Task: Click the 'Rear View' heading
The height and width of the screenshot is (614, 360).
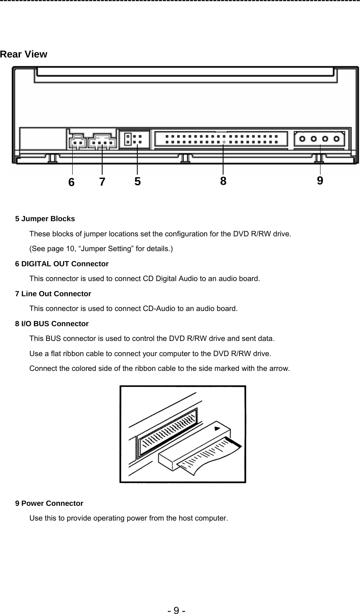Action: (24, 54)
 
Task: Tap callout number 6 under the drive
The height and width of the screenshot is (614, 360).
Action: (71, 182)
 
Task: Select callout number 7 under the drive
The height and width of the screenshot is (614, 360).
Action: (102, 182)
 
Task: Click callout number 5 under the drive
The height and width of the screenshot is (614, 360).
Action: (137, 182)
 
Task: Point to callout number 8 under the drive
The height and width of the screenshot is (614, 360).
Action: (223, 181)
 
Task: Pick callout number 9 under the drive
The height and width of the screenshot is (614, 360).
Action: (320, 181)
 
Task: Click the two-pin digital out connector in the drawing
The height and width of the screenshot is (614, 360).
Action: (77, 142)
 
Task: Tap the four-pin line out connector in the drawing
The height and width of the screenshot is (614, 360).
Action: (102, 142)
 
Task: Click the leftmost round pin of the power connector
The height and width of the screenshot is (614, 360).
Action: (303, 139)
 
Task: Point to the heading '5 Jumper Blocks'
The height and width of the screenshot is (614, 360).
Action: (45, 219)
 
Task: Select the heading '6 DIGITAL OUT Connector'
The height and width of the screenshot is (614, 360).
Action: (61, 264)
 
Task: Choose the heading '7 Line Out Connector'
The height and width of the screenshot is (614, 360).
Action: (53, 294)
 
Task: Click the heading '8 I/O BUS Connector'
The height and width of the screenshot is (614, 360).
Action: (51, 324)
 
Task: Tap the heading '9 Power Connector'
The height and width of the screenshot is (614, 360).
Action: (49, 503)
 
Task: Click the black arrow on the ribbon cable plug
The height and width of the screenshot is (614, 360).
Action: (217, 428)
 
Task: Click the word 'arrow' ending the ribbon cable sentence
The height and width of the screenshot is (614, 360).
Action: (281, 368)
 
